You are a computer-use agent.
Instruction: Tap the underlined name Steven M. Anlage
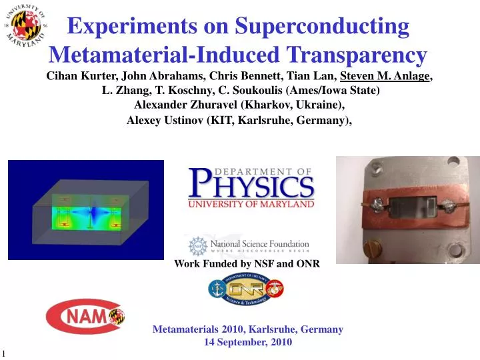pos(385,76)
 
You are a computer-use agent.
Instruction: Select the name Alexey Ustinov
pos(166,120)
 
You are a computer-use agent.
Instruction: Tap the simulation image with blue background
pos(85,209)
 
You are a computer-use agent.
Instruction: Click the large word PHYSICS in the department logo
pos(251,184)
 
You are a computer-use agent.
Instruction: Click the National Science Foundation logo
pos(249,246)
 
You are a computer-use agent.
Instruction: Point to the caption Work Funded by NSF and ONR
pos(247,264)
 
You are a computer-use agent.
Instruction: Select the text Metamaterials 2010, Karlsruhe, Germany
pos(247,329)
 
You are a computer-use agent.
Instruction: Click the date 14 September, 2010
pos(247,342)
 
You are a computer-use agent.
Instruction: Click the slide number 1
pos(3,353)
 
